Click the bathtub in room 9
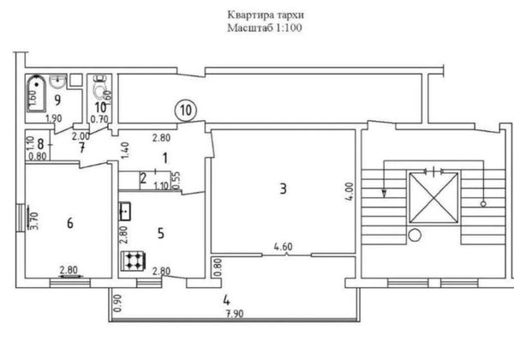pyautogui.click(x=36, y=93)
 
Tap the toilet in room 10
pyautogui.click(x=100, y=87)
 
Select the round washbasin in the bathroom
pyautogui.click(x=58, y=81)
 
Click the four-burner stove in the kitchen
pyautogui.click(x=133, y=261)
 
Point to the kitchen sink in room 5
pyautogui.click(x=125, y=212)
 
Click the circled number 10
pyautogui.click(x=186, y=111)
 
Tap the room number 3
pyautogui.click(x=283, y=189)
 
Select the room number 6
pyautogui.click(x=70, y=224)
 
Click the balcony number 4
pyautogui.click(x=226, y=300)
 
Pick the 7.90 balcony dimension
pyautogui.click(x=235, y=314)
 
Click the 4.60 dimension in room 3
pyautogui.click(x=284, y=246)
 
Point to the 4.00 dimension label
pyautogui.click(x=350, y=191)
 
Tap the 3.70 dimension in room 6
pyautogui.click(x=34, y=221)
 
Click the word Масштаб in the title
pyautogui.click(x=250, y=28)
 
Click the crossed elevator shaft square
pyautogui.click(x=433, y=198)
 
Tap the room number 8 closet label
pyautogui.click(x=40, y=144)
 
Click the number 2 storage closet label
pyautogui.click(x=143, y=179)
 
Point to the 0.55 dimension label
pyautogui.click(x=176, y=182)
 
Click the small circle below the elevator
pyautogui.click(x=415, y=235)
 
